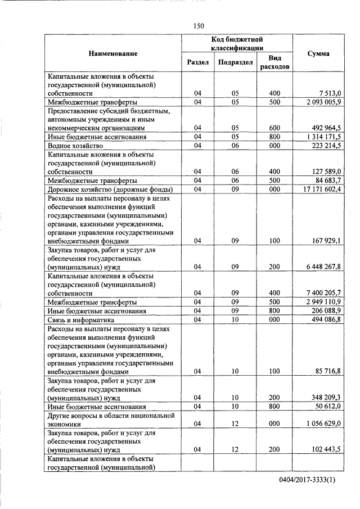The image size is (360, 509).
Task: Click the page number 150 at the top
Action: coord(197,25)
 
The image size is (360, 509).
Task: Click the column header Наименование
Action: coord(112,53)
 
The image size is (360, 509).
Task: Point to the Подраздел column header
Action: coord(235,62)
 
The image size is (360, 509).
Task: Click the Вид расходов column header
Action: coord(274,62)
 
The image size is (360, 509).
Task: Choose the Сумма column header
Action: coord(318,53)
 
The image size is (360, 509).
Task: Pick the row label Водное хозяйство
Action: coord(75,145)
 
